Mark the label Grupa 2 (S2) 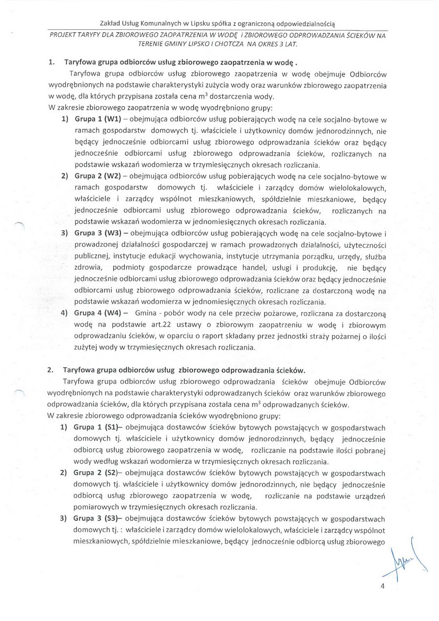94,473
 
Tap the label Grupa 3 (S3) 94,520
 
